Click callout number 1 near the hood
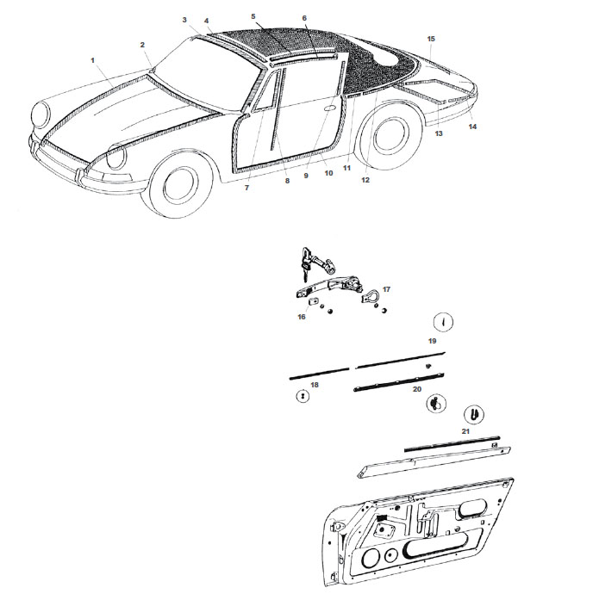[x=91, y=59]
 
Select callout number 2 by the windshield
[x=142, y=45]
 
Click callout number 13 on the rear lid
[x=438, y=134]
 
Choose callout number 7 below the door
[x=246, y=187]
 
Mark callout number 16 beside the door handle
[x=302, y=317]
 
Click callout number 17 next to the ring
[x=386, y=290]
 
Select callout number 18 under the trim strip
[x=314, y=384]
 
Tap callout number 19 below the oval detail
[x=433, y=341]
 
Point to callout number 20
[x=417, y=389]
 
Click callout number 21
[x=465, y=430]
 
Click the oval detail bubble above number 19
[x=442, y=323]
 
